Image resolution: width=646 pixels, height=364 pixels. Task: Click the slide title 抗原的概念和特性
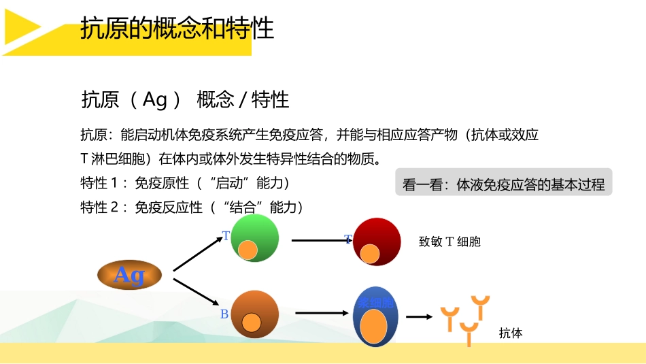pyautogui.click(x=177, y=29)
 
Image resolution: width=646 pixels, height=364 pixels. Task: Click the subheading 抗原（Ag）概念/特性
pyautogui.click(x=185, y=100)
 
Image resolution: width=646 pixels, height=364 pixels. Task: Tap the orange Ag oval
pyautogui.click(x=129, y=275)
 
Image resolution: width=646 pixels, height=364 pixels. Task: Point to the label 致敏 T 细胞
pyautogui.click(x=449, y=242)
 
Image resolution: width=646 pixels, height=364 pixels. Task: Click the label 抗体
pyautogui.click(x=510, y=333)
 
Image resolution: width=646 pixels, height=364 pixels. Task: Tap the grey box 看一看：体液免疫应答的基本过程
pyautogui.click(x=503, y=184)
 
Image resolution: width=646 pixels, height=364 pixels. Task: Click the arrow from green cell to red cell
pyautogui.click(x=320, y=240)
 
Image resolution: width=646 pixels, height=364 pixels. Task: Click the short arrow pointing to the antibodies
pyautogui.click(x=419, y=316)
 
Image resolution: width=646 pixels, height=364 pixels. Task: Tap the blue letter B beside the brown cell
pyautogui.click(x=224, y=314)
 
